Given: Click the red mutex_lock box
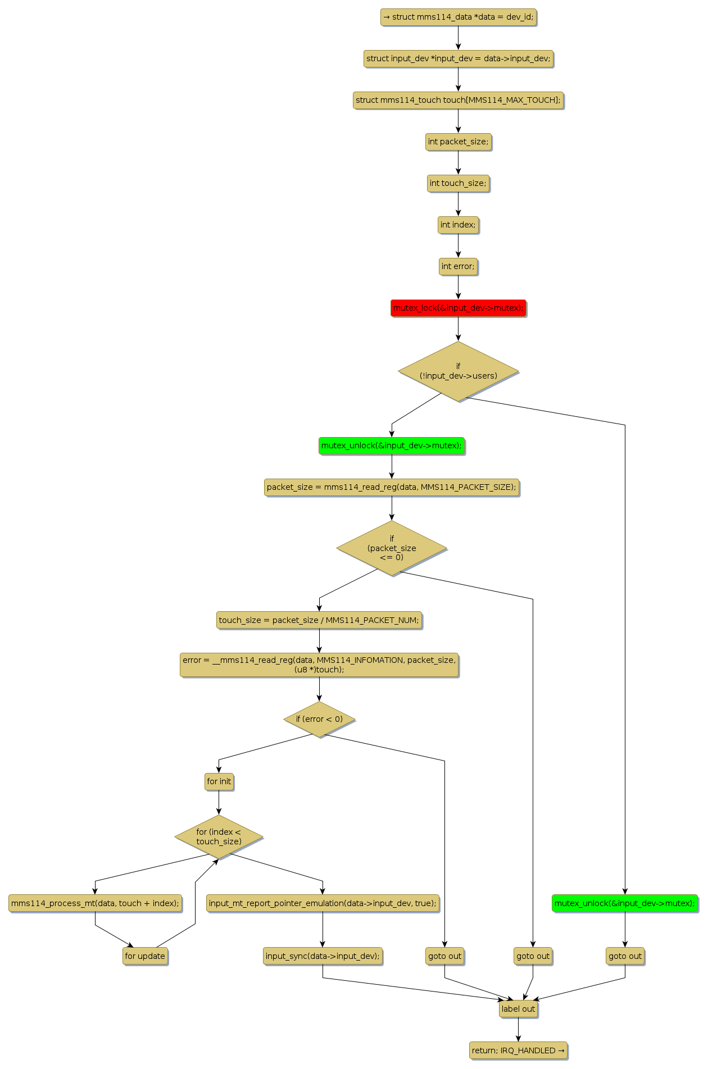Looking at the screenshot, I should click(458, 308).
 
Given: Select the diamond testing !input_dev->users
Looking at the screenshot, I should click(458, 371).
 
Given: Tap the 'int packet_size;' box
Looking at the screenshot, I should click(458, 142).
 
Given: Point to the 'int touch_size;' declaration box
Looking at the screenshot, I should click(458, 183).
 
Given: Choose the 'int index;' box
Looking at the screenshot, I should click(458, 225).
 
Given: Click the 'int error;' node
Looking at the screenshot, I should click(458, 266).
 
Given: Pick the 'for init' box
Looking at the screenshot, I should click(219, 781).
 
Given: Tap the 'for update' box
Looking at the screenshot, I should click(145, 956).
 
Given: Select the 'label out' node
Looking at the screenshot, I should click(518, 1009).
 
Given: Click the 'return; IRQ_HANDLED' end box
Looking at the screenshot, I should click(518, 1050).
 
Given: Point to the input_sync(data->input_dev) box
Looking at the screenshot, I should click(323, 956).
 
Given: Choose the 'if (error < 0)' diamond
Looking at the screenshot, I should click(319, 719).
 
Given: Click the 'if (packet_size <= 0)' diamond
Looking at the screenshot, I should click(392, 548).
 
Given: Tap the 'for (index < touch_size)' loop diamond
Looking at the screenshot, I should click(219, 836).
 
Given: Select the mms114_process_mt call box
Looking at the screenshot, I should click(95, 903).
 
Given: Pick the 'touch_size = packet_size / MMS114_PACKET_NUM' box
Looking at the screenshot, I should click(319, 620).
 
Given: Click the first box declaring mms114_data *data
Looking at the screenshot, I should click(458, 17).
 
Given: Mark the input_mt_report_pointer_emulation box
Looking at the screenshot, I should click(323, 903).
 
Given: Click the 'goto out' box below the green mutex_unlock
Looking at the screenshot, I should click(625, 956).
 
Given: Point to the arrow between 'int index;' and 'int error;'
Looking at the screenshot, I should click(458, 245).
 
